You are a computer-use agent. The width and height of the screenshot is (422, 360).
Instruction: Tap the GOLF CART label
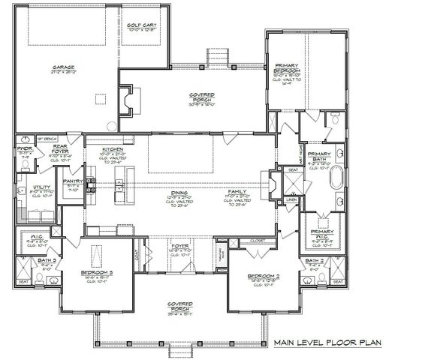[140, 25]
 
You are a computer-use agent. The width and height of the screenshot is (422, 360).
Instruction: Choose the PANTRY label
[72, 181]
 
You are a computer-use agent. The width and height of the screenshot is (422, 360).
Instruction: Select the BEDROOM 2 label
[264, 277]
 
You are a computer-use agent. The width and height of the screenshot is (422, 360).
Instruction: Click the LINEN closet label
[291, 200]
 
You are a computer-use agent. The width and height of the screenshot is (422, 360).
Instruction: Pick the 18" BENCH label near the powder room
[47, 139]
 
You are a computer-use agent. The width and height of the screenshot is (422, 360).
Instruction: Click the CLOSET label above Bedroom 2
[247, 241]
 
